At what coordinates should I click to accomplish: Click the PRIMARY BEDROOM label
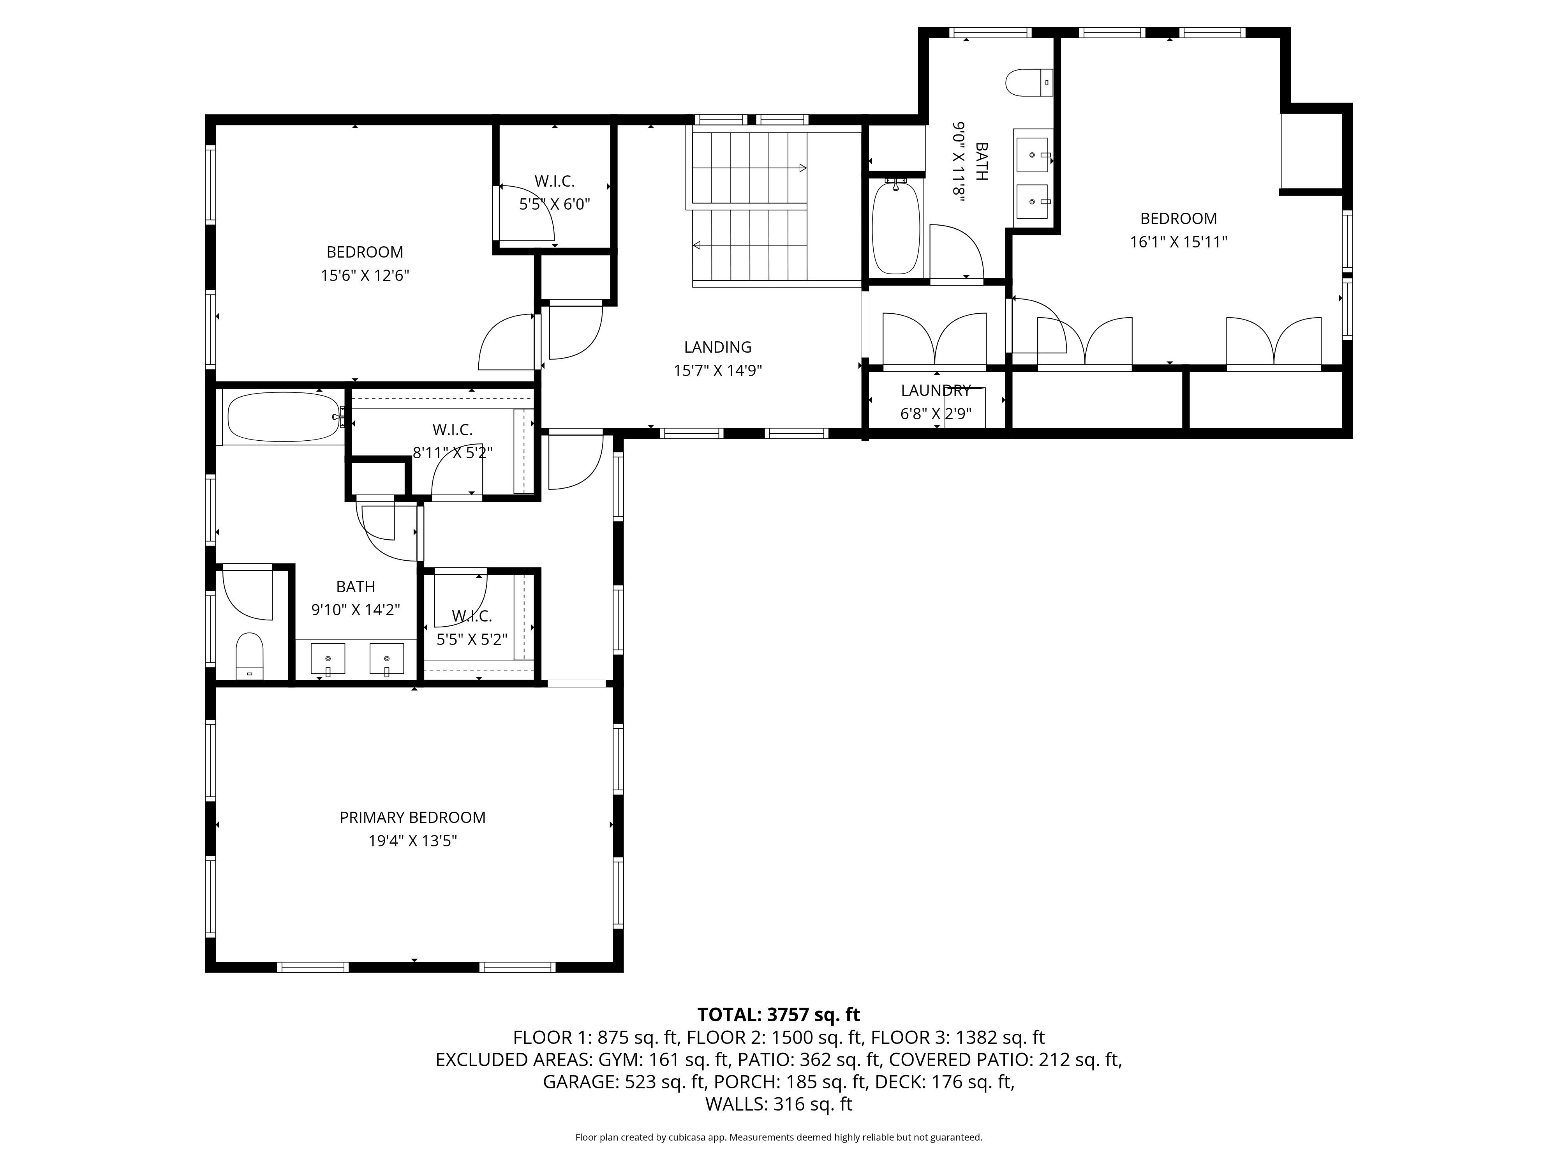pyautogui.click(x=413, y=818)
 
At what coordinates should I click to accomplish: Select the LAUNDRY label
pyautogui.click(x=935, y=390)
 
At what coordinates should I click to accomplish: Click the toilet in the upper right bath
pyautogui.click(x=1029, y=83)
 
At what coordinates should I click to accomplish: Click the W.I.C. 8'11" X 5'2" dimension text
pyautogui.click(x=452, y=453)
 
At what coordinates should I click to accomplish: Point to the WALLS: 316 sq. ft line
pyautogui.click(x=778, y=1104)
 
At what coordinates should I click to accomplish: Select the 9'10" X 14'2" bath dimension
pyautogui.click(x=356, y=609)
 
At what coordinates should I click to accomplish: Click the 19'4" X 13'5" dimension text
pyautogui.click(x=413, y=841)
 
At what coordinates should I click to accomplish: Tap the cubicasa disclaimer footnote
pyautogui.click(x=778, y=1137)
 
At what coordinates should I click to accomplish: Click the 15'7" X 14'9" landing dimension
pyautogui.click(x=718, y=371)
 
